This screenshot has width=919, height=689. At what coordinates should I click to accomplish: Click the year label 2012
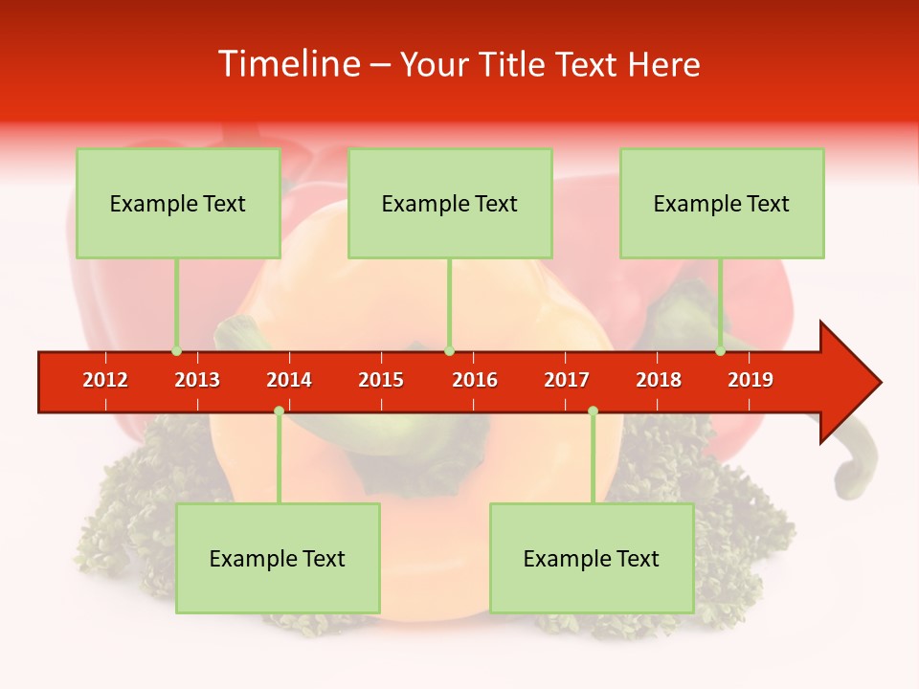pos(105,380)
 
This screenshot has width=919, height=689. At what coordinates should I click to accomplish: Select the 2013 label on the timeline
pos(197,380)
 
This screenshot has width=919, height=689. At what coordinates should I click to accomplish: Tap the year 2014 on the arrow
pos(289,380)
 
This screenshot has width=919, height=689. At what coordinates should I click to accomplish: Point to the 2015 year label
pos(381,380)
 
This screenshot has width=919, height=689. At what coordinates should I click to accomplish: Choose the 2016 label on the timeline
pos(475,380)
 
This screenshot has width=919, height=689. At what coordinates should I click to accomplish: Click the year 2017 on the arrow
pos(567,380)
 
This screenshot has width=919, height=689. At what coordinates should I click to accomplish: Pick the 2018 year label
pos(659,380)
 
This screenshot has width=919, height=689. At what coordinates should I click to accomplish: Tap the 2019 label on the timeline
pos(751,380)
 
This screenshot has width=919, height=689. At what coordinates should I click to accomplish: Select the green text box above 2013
pos(178,203)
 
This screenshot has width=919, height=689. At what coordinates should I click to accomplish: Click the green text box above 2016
pos(450,203)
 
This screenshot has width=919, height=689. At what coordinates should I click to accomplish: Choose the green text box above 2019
pos(722,203)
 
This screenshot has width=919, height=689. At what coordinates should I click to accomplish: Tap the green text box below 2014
pos(278,558)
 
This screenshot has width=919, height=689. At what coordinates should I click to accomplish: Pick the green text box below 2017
pos(592,558)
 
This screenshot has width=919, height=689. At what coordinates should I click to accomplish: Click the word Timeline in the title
pos(288,64)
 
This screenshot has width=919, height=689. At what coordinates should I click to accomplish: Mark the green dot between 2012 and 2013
pos(176,351)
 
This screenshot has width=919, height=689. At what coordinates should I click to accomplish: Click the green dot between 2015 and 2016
pos(449,351)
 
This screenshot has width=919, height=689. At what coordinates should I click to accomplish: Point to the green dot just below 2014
pos(279,411)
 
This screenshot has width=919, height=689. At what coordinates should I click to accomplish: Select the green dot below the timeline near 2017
pos(593,411)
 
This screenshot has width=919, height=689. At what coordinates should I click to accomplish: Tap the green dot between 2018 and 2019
pos(720,351)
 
